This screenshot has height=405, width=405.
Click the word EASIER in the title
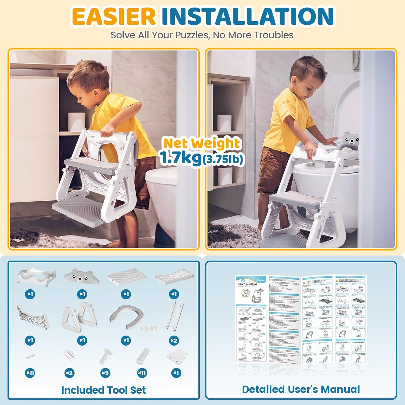click(x=114, y=16)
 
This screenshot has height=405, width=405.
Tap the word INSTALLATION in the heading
click(x=247, y=16)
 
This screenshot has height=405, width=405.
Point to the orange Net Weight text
click(x=201, y=143)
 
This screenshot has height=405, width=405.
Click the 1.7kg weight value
click(x=180, y=157)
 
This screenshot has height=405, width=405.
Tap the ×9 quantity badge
click(x=105, y=373)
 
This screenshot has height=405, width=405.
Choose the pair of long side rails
click(x=174, y=316)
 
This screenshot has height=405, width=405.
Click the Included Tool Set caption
click(x=103, y=390)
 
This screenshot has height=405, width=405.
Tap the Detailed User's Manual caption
click(x=301, y=389)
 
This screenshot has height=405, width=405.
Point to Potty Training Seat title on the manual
click(x=247, y=284)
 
